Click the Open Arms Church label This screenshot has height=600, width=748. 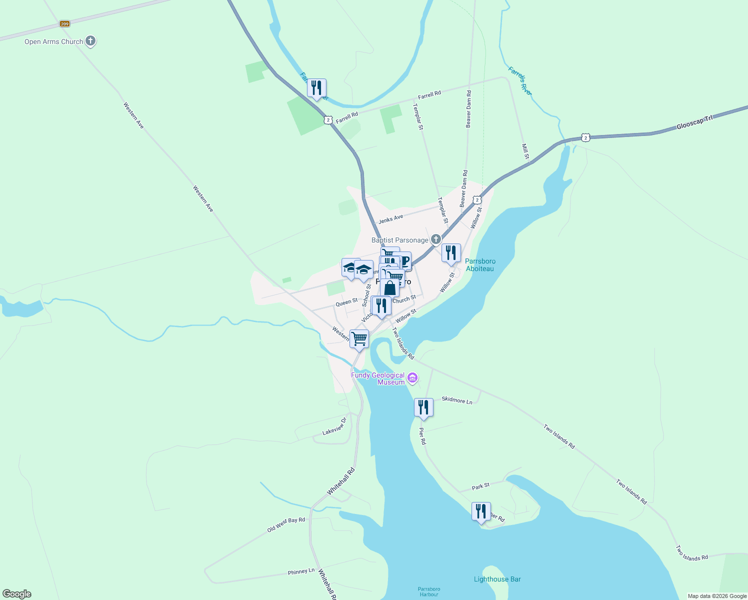[53, 41]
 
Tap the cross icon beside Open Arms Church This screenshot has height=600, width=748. [90, 41]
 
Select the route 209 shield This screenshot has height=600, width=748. [64, 23]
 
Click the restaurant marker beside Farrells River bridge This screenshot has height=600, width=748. [316, 88]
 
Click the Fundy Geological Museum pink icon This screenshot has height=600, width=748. [412, 378]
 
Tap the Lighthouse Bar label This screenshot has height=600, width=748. [497, 579]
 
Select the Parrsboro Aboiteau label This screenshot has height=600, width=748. [480, 265]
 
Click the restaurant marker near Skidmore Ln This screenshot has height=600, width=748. [423, 407]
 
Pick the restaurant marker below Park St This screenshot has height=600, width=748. [481, 511]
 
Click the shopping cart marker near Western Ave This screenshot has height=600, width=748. [359, 339]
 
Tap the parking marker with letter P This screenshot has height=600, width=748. [403, 260]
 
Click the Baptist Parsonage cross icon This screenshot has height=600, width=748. [436, 239]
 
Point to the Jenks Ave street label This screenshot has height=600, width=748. [390, 219]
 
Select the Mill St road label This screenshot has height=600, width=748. [525, 151]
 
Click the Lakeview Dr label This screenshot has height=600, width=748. [334, 426]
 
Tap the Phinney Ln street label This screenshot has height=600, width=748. [301, 571]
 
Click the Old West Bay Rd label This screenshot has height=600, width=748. [286, 524]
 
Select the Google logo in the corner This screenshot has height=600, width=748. [17, 594]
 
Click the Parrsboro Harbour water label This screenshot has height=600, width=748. [429, 591]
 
